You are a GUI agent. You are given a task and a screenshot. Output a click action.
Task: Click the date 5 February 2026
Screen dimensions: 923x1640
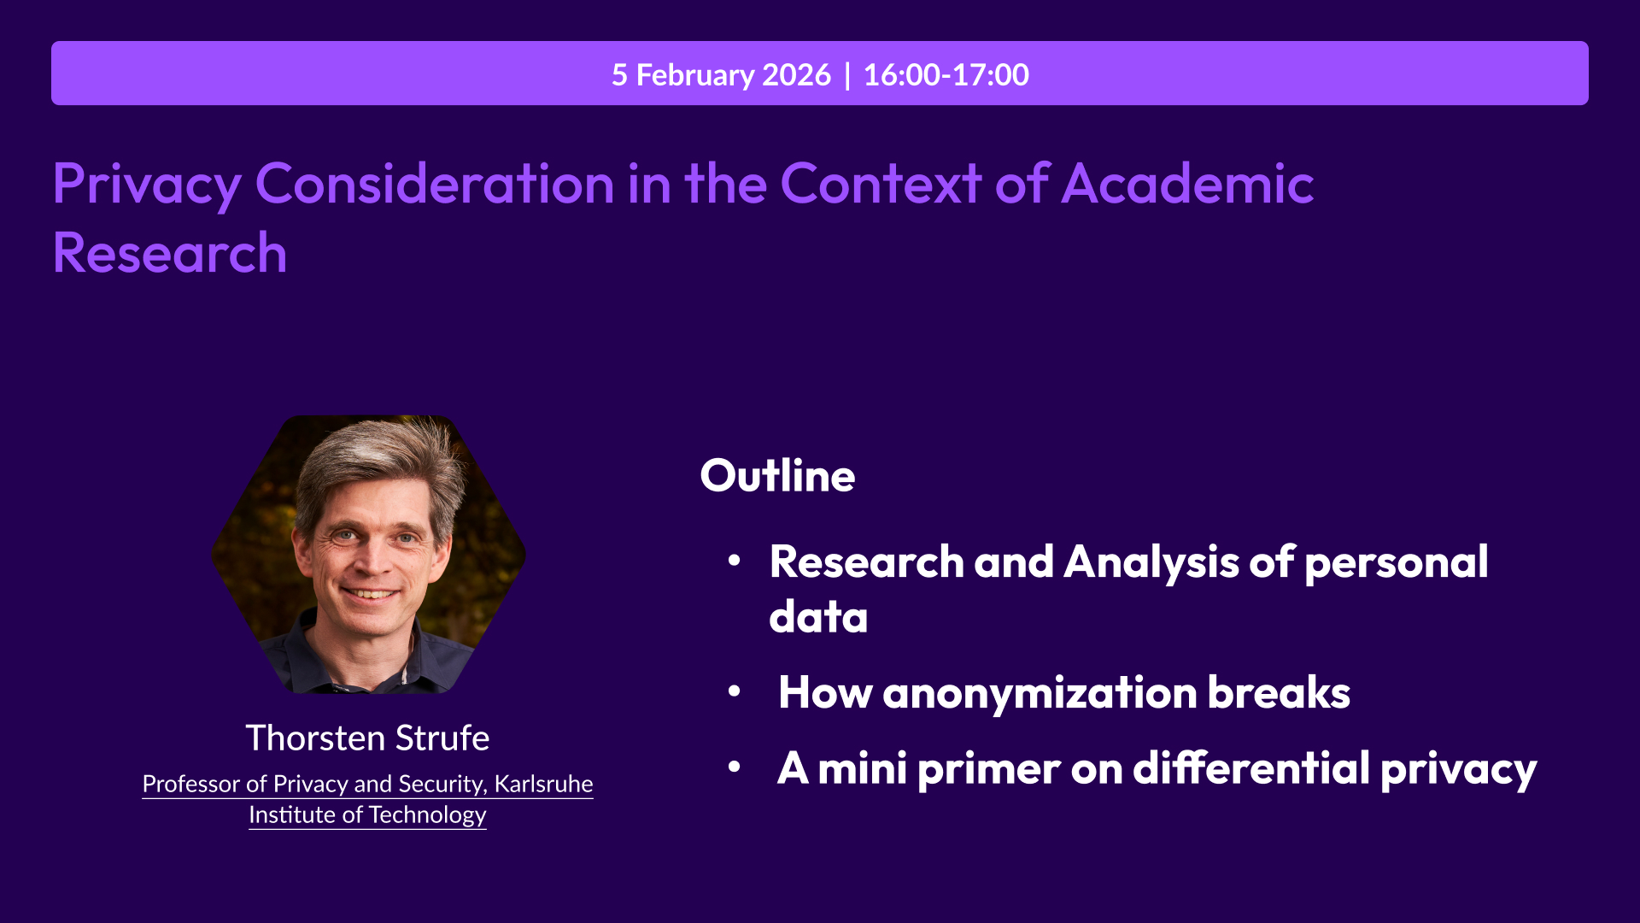click(721, 75)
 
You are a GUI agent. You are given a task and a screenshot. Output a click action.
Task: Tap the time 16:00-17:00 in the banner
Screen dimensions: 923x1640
click(946, 75)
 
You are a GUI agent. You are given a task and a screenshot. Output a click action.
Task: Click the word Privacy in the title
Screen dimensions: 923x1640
click(147, 184)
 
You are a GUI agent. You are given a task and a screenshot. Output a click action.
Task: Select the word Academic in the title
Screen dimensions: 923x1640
click(1187, 184)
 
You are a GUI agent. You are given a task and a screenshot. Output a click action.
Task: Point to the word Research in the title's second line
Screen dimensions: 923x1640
click(170, 254)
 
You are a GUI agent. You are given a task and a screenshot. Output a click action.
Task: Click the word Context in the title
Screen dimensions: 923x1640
click(880, 184)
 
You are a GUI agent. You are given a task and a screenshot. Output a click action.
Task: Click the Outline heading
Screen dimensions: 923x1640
click(777, 476)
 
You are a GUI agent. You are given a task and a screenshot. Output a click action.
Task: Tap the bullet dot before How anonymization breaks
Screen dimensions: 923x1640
click(734, 691)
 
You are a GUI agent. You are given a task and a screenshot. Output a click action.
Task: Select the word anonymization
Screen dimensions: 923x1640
click(1040, 693)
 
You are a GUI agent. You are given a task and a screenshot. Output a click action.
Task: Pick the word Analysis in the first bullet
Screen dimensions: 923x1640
click(1151, 563)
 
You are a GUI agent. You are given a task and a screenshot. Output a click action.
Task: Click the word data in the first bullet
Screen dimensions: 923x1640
click(818, 617)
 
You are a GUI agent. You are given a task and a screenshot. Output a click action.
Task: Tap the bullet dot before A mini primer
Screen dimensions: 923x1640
click(734, 767)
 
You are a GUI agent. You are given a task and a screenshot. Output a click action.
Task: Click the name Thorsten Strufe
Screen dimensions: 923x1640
click(367, 738)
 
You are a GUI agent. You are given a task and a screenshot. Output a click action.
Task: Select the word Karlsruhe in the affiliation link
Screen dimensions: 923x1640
click(543, 784)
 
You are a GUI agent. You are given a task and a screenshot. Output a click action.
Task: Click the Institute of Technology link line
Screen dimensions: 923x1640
click(367, 815)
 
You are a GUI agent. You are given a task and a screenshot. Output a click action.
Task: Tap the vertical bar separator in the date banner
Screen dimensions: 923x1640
click(847, 75)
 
